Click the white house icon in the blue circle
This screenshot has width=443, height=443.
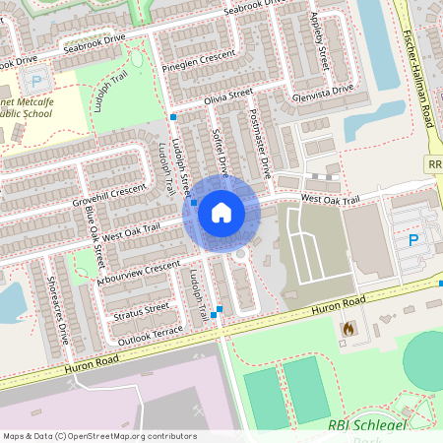point(221,213)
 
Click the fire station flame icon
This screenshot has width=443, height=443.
point(347,328)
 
